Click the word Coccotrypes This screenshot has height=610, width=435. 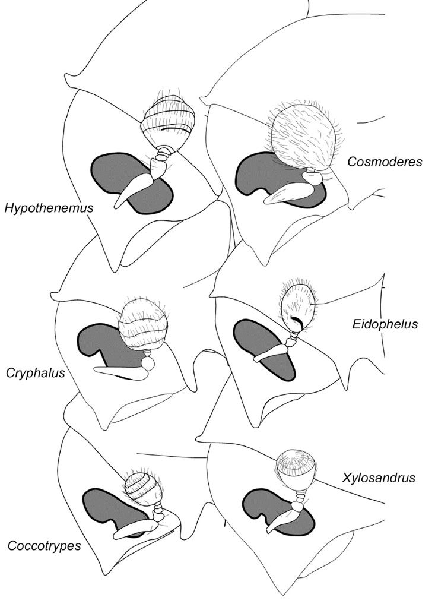pos(44,545)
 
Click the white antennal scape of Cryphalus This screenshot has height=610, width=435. pos(122,373)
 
